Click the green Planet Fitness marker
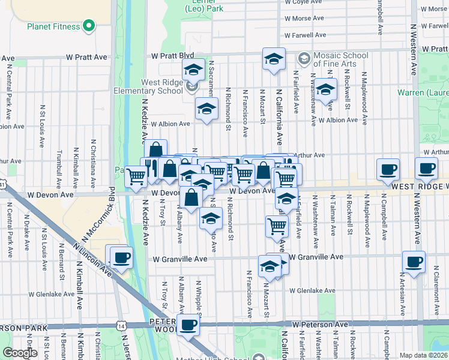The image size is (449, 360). (89, 26)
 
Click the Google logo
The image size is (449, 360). (20, 353)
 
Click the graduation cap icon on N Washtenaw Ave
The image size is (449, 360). (326, 91)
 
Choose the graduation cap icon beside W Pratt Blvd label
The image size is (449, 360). (194, 70)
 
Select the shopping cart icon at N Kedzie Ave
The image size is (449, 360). (137, 176)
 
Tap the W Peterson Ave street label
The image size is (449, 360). (320, 324)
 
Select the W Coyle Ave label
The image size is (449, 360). (304, 2)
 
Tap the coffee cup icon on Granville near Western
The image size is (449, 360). (414, 262)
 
